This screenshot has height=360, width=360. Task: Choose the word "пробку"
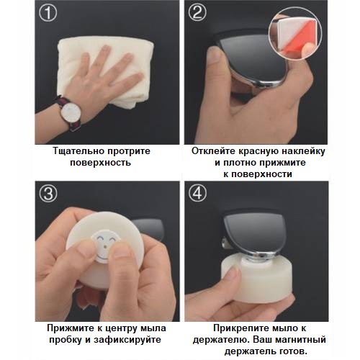[x=71, y=340]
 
